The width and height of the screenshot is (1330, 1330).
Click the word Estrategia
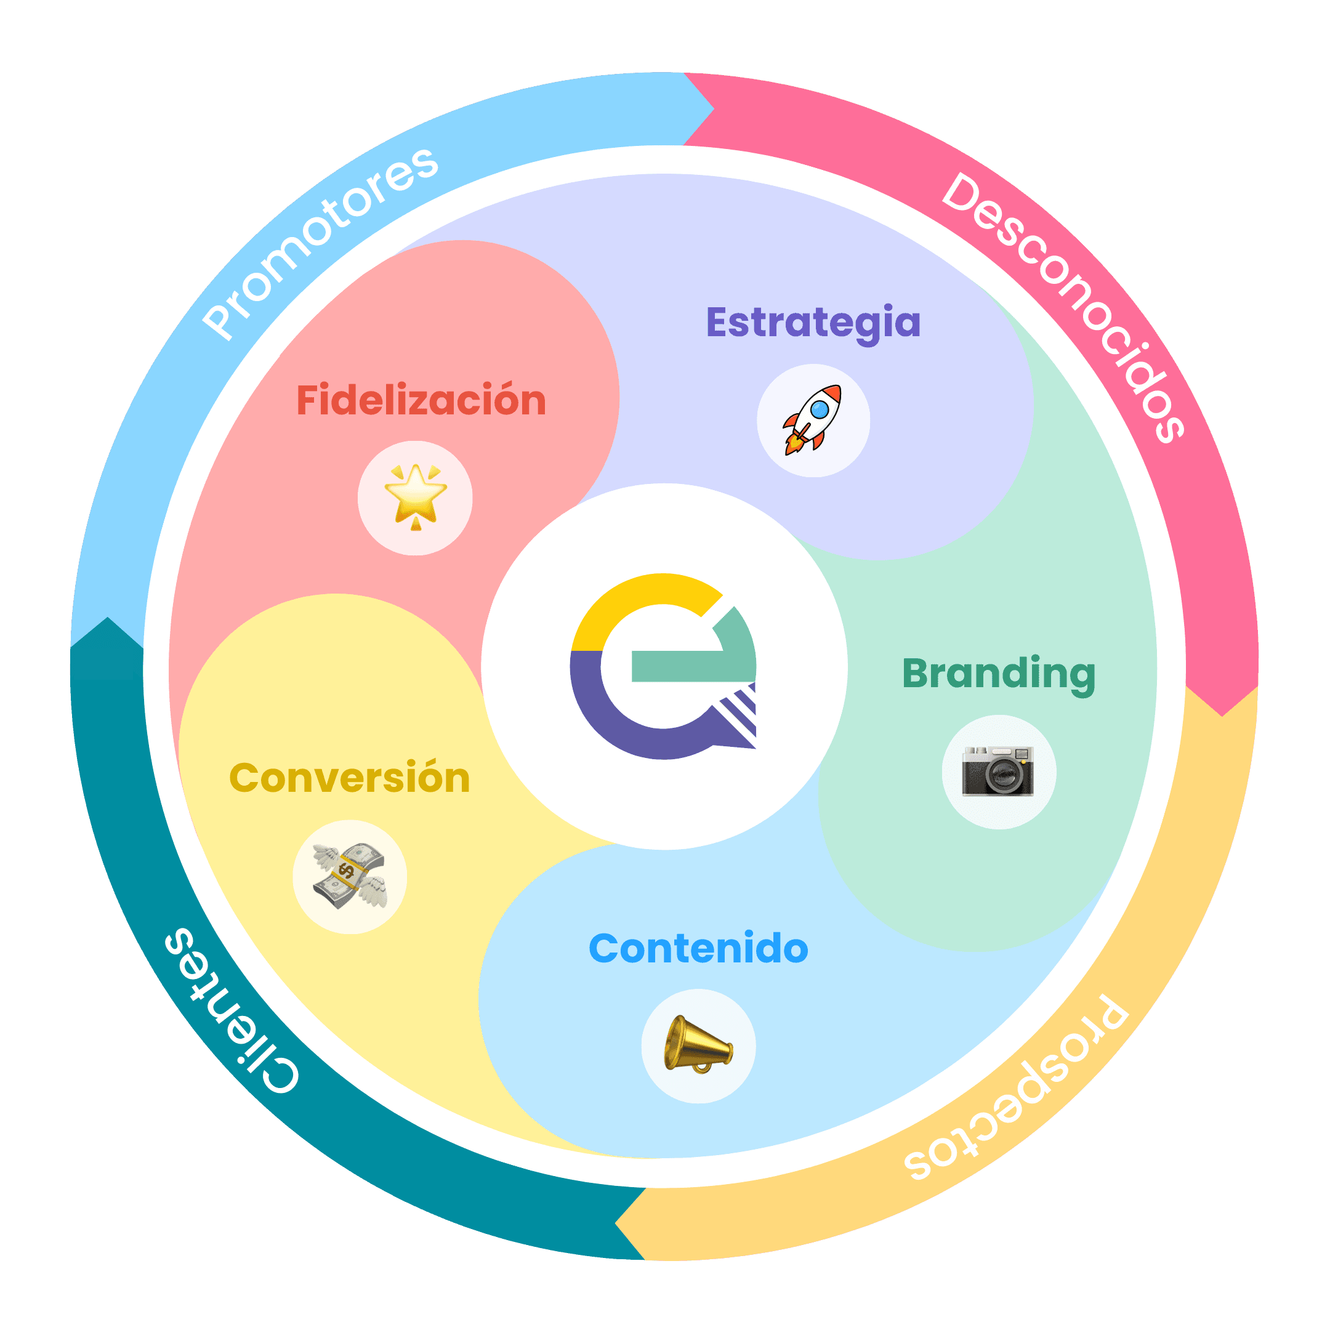pyautogui.click(x=813, y=323)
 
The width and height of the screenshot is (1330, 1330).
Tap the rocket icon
pyautogui.click(x=813, y=420)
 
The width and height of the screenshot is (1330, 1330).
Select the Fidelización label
pyautogui.click(x=421, y=401)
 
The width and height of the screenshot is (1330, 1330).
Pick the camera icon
pyautogui.click(x=998, y=772)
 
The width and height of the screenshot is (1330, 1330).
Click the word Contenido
pyautogui.click(x=698, y=949)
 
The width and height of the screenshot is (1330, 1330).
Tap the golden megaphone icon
pyautogui.click(x=698, y=1045)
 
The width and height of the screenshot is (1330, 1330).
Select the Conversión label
pyautogui.click(x=350, y=778)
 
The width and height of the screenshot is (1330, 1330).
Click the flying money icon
pyautogui.click(x=350, y=876)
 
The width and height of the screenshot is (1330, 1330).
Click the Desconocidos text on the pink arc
pyautogui.click(x=1063, y=307)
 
